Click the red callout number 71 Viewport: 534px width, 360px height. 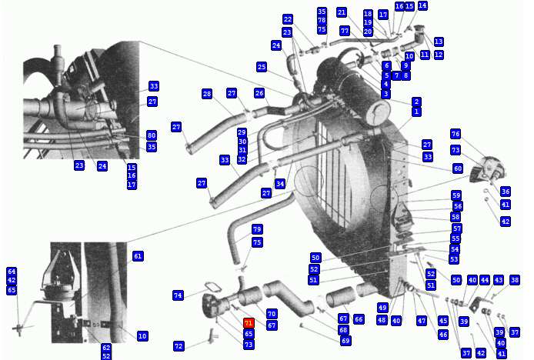pos(249,323)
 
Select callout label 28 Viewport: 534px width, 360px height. pos(207,94)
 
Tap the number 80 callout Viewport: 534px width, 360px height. pos(152,135)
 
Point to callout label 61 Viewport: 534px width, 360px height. pos(138,256)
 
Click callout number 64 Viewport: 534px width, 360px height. pos(12,272)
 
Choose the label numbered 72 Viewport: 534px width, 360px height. pos(179,346)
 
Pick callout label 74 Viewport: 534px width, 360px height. pos(178,295)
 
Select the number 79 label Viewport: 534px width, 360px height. pos(257,229)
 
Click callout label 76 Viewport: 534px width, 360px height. pos(456,134)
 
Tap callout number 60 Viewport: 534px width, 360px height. pos(458,168)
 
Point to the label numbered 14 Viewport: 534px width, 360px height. pos(422,5)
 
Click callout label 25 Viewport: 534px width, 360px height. pos(262,67)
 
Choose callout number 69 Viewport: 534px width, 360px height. pos(345,340)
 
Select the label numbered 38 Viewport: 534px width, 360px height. pos(515,280)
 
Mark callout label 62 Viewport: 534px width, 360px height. pos(106,348)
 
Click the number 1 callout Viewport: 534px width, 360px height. pos(416,112)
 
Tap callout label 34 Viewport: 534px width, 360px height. pos(280,184)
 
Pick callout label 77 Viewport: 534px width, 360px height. pos(345,31)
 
